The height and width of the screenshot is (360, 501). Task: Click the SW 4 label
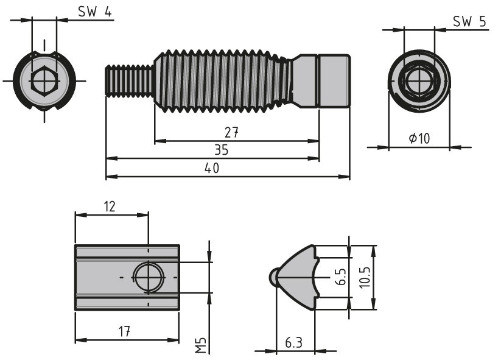[x=94, y=12]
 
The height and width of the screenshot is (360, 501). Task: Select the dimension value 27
[x=230, y=133]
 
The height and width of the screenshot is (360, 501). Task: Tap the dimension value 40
[x=212, y=168]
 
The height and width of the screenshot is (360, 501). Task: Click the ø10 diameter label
[x=419, y=138]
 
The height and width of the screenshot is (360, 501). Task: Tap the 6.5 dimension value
[x=340, y=277]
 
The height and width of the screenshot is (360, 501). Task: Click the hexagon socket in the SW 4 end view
[x=43, y=80]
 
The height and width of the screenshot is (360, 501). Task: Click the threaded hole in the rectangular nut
[x=148, y=277]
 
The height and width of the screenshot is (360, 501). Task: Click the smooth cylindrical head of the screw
[x=334, y=80]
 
